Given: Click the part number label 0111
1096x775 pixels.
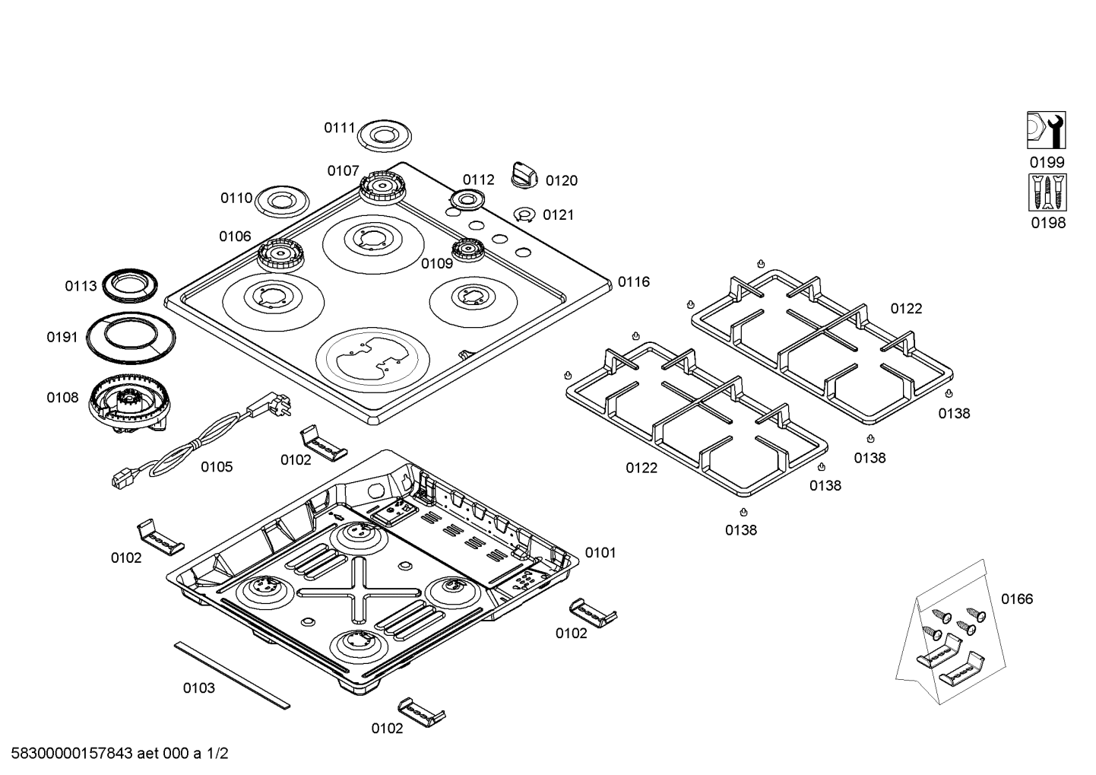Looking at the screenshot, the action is (340, 128).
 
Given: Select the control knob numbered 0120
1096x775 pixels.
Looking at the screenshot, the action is (524, 175).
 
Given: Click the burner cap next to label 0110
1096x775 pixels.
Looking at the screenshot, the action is (282, 201).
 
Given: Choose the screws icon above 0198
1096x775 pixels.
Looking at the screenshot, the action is (1047, 192).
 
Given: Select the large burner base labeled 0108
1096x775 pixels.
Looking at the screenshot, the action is (129, 403).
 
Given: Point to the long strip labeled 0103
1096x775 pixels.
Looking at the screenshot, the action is (232, 675).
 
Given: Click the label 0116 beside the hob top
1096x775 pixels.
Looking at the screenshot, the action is (634, 281).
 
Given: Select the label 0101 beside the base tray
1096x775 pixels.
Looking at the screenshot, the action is (600, 553).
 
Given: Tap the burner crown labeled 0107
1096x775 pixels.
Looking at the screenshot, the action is (382, 188).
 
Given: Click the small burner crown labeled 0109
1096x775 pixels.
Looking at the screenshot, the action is (468, 249).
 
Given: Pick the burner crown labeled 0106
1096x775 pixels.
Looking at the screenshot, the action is (280, 255).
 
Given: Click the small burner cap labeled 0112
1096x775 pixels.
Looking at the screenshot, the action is (467, 200).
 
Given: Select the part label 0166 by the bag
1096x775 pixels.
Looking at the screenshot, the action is (1017, 599).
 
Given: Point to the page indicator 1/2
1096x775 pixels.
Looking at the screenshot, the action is (217, 753).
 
